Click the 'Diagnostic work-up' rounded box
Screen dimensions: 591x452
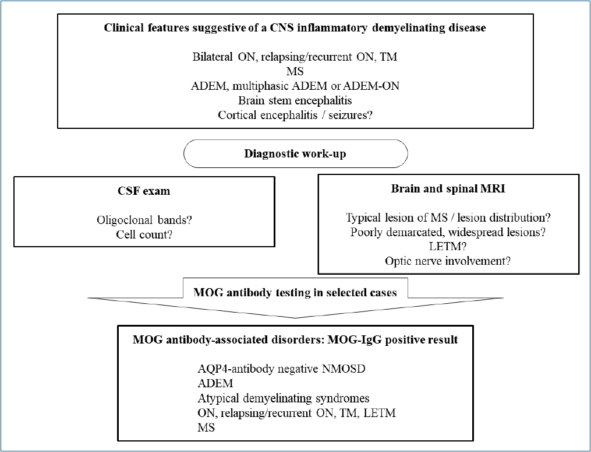pos(296,154)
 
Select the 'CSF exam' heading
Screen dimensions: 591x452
pos(144,191)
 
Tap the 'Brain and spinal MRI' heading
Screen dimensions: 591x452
pos(448,188)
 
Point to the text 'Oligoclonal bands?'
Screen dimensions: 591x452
pos(144,220)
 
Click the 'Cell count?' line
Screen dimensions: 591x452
pos(144,234)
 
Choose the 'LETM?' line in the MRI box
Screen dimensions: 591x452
pos(448,247)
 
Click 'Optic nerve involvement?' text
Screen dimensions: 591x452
pos(448,261)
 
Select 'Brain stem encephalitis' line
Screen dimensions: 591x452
pos(295,100)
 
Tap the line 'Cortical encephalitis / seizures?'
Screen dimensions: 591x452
pos(295,115)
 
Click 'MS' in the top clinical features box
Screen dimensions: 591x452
pos(295,71)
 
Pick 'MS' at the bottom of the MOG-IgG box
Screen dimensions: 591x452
pos(206,428)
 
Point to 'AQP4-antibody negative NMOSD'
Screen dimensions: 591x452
pos(282,369)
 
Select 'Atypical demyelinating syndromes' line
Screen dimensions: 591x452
pos(284,398)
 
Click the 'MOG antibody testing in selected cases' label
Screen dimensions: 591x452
pos(295,293)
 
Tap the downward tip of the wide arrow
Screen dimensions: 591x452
pos(296,318)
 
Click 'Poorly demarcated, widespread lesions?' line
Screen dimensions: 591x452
pos(448,232)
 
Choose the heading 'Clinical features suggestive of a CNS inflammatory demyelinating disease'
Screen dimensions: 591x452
pos(295,27)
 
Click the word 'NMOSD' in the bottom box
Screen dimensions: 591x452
pos(344,369)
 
